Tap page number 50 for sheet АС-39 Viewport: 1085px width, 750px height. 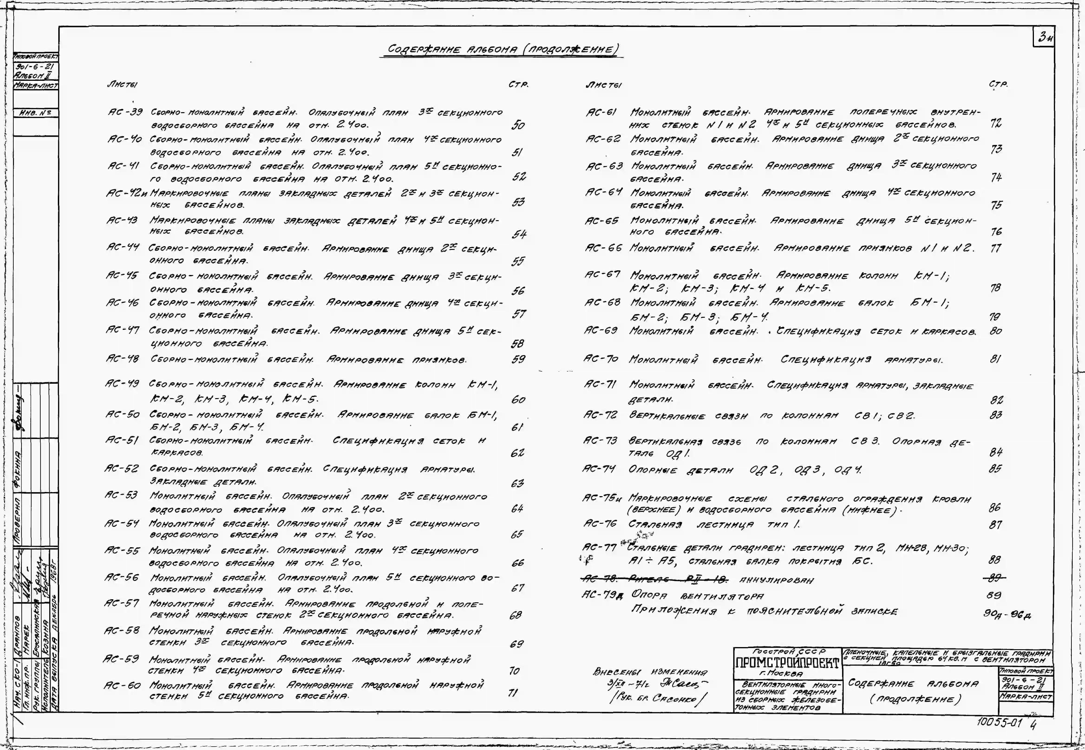(x=518, y=125)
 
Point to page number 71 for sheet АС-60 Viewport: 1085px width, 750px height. (x=513, y=693)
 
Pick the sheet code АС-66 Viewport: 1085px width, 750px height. (x=603, y=248)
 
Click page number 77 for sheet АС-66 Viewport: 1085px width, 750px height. (x=995, y=248)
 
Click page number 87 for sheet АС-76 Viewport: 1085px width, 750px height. (x=995, y=524)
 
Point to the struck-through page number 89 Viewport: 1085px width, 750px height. (x=995, y=577)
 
